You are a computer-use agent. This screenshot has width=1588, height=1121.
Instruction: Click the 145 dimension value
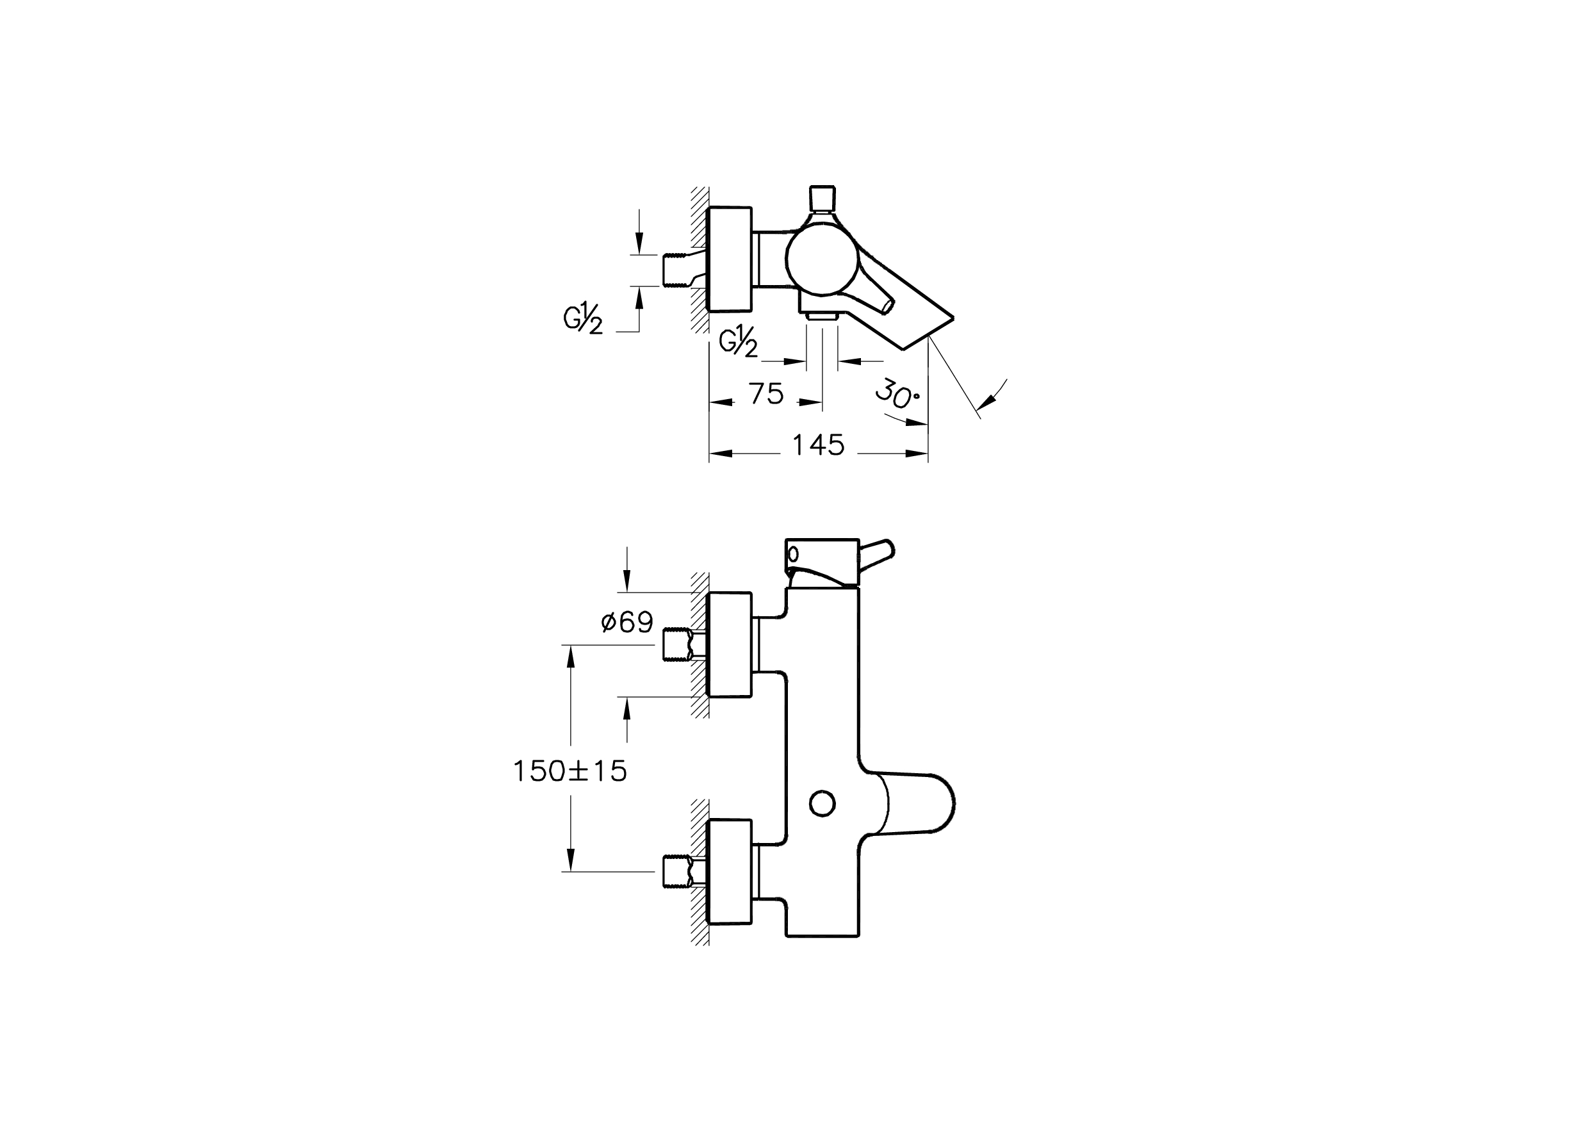coord(818,446)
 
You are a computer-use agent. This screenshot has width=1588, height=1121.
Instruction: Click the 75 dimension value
coord(766,394)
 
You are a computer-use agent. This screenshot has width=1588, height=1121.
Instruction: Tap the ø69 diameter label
coord(626,623)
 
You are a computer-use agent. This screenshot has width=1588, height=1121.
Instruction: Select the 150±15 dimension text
coord(570,771)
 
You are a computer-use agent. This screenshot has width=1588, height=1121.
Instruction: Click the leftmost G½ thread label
coord(583,320)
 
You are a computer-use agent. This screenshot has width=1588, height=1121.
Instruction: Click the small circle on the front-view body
coord(823,803)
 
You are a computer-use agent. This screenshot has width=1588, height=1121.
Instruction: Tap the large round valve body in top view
coord(822,262)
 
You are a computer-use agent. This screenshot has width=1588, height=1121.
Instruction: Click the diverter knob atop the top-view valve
coord(823,199)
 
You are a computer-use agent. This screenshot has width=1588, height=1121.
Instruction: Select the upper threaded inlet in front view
coord(676,644)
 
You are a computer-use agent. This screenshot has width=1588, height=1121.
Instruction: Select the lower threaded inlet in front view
coord(676,871)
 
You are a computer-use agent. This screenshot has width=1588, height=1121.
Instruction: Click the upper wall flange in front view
coord(730,644)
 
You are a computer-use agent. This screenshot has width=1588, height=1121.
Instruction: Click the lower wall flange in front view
coord(730,871)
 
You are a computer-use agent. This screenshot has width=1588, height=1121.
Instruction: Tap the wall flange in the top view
coord(730,260)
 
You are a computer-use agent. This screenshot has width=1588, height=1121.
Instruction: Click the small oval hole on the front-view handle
coord(793,554)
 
